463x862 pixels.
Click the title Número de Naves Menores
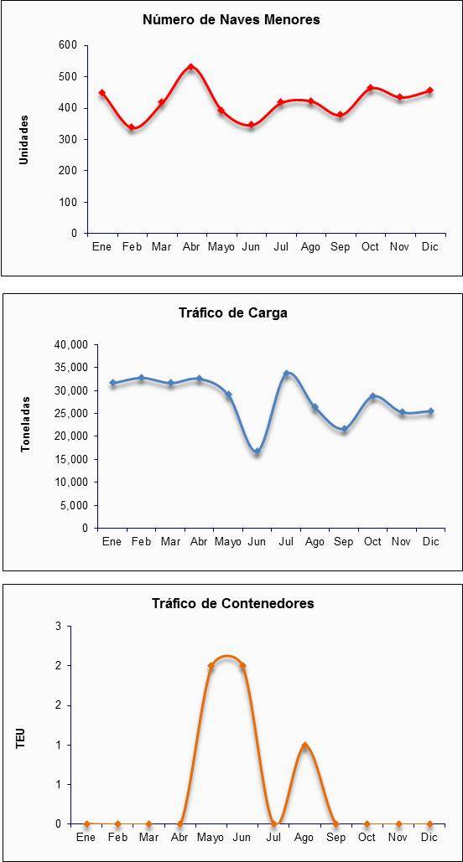coord(231,20)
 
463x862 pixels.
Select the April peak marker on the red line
coord(191,67)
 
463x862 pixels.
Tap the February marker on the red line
coord(132,127)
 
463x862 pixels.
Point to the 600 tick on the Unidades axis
coord(67,45)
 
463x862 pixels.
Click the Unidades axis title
coord(23,139)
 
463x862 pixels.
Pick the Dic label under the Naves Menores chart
coord(429,247)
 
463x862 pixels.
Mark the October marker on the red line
coord(370,88)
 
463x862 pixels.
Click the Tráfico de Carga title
coord(233,313)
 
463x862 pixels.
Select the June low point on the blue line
coord(258,452)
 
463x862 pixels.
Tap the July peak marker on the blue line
coord(286,374)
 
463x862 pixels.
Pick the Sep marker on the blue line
coord(344,430)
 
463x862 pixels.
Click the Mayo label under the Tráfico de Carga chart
coord(228,541)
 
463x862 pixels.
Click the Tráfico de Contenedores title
coord(233,603)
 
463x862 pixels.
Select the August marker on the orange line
coord(305,746)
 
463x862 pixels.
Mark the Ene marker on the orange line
coord(86,824)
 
